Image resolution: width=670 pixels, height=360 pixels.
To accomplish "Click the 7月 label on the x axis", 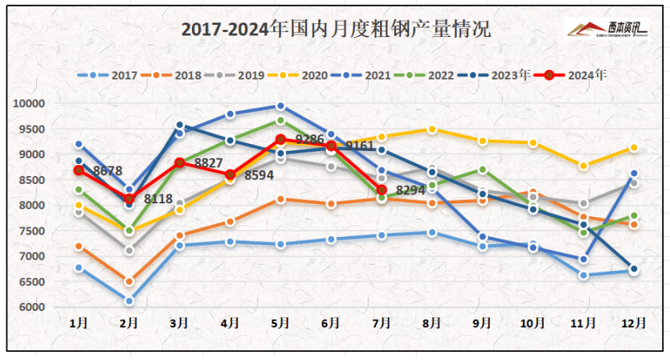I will tap(382, 323).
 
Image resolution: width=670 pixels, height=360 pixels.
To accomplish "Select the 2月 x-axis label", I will tap(129, 323).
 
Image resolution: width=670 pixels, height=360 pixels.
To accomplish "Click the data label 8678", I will tap(108, 170).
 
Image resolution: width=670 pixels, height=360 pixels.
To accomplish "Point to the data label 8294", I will tap(411, 190).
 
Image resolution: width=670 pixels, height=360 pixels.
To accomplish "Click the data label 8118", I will tap(158, 198).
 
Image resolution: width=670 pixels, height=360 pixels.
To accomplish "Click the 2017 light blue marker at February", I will tap(129, 301).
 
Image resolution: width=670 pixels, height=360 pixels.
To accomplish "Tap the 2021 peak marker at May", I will tap(280, 106).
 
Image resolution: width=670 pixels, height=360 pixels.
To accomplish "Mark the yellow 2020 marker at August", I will tap(432, 129).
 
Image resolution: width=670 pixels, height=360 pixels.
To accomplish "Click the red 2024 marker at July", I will tap(382, 190).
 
